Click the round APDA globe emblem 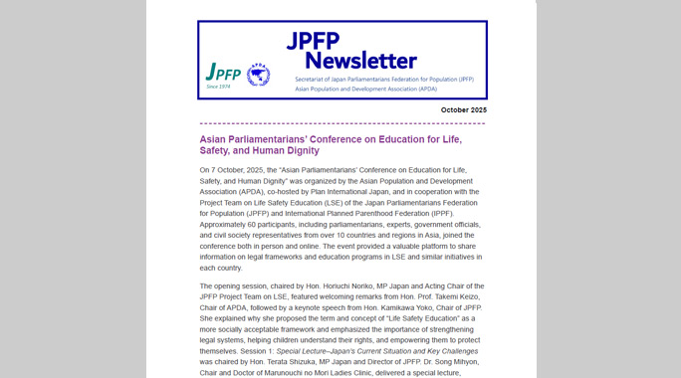pos(258,75)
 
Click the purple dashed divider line pos(341,124)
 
